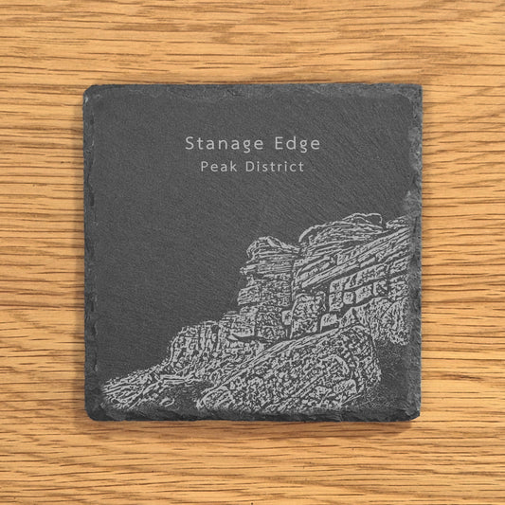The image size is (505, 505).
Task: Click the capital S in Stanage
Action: click(x=190, y=144)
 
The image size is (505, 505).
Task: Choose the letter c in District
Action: click(x=299, y=168)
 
